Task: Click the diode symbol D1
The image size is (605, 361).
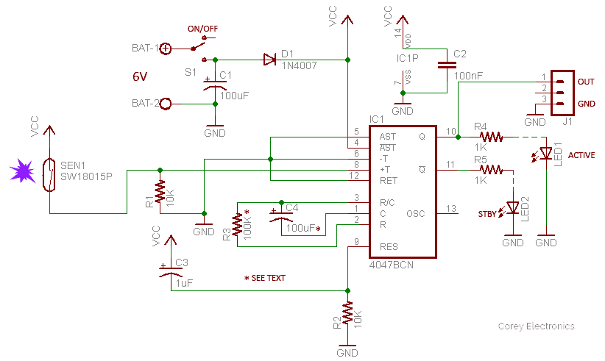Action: pos(269,60)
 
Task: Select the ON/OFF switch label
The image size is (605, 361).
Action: pos(202,29)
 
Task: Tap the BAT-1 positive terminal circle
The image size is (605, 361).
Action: pos(166,49)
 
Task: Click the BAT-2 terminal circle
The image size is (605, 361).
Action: pos(166,104)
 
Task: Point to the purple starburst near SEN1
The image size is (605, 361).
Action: pos(22,171)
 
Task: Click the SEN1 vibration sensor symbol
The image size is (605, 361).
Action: pos(49,174)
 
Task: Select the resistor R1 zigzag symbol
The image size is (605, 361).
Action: pos(160,192)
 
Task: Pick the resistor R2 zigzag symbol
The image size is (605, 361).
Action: pos(347,312)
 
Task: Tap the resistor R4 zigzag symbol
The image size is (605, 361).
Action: pos(491,137)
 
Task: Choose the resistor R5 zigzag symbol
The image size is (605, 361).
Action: pos(491,170)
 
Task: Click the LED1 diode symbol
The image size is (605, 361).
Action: pos(545,154)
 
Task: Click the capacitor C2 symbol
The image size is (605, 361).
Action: pos(447,65)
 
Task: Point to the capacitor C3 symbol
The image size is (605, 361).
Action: pos(171,271)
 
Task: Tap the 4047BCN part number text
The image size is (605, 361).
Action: pos(392,265)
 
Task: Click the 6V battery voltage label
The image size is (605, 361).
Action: pos(140,76)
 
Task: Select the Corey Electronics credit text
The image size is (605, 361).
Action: pos(536,326)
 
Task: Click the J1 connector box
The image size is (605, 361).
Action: pos(562,93)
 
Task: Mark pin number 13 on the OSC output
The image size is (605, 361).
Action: pos(451,208)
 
